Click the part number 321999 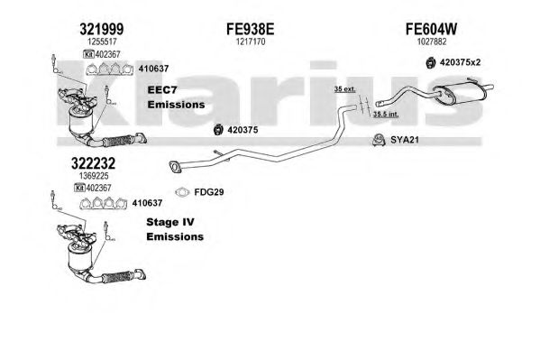102,29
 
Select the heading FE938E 251,29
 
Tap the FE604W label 431,29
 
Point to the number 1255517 102,42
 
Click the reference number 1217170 251,42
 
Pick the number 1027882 432,42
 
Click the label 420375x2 460,62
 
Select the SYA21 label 405,140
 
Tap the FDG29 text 209,192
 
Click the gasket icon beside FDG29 182,192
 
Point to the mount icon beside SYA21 379,140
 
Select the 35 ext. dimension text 344,89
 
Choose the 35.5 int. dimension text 386,114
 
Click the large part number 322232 94,163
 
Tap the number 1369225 94,176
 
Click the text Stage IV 170,222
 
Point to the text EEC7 162,90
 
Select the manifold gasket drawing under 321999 109,69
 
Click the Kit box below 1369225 80,188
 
